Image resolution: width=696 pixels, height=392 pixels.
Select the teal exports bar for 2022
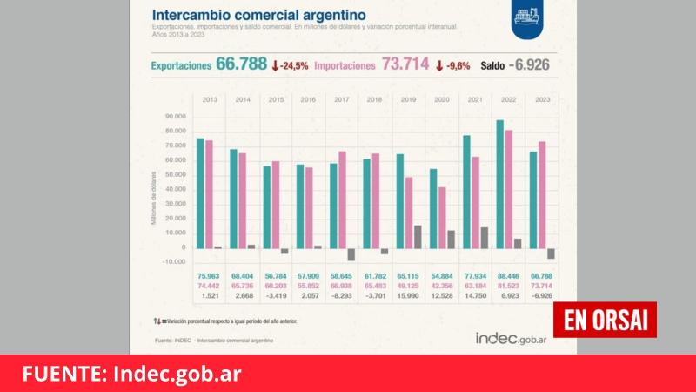(x=499, y=184)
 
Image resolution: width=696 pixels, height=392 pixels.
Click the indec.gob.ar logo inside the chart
(x=512, y=338)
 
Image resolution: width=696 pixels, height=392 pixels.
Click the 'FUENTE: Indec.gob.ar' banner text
(x=132, y=374)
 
